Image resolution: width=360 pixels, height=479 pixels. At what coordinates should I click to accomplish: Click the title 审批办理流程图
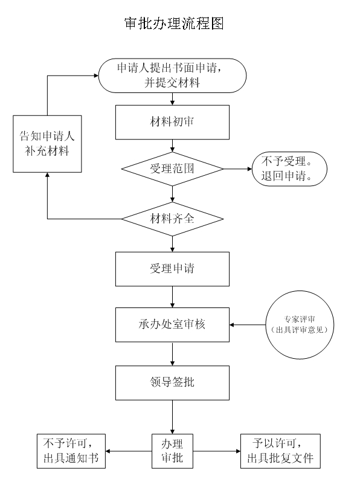[x=174, y=23]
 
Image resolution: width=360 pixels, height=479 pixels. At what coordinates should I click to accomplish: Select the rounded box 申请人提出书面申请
[x=172, y=76]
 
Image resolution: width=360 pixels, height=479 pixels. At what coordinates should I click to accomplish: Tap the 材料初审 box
[x=172, y=122]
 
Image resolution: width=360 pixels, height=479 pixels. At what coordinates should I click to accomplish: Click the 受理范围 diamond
[x=172, y=169]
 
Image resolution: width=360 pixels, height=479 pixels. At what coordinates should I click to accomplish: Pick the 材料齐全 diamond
[x=172, y=219]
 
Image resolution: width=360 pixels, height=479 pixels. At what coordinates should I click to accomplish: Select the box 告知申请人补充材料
[x=47, y=144]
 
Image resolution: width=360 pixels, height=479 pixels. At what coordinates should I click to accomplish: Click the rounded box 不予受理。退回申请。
[x=289, y=169]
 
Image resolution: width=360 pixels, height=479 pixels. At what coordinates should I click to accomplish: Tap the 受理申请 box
[x=172, y=269]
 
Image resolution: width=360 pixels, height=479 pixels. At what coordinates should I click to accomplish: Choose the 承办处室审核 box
[x=172, y=325]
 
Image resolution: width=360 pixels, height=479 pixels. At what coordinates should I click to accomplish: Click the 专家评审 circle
[x=300, y=325]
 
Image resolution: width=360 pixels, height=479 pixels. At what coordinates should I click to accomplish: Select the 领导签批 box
[x=172, y=383]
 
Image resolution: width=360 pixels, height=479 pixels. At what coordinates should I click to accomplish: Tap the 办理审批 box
[x=172, y=451]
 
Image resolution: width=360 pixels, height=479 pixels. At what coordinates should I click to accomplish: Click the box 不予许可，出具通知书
[x=71, y=451]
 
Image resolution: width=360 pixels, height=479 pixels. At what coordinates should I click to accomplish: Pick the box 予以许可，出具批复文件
[x=280, y=451]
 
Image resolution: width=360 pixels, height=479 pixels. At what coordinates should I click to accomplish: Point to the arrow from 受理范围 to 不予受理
[x=237, y=169]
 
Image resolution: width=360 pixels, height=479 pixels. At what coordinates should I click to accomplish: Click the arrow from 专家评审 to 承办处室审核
[x=248, y=325]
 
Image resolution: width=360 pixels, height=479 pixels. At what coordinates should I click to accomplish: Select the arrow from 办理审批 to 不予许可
[x=129, y=451]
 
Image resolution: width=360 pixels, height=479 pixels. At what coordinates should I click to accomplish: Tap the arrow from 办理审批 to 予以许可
[x=217, y=451]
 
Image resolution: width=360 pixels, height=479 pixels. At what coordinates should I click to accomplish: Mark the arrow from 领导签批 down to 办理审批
[x=172, y=417]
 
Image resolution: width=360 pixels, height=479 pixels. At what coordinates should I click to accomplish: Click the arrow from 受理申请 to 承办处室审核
[x=172, y=297]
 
